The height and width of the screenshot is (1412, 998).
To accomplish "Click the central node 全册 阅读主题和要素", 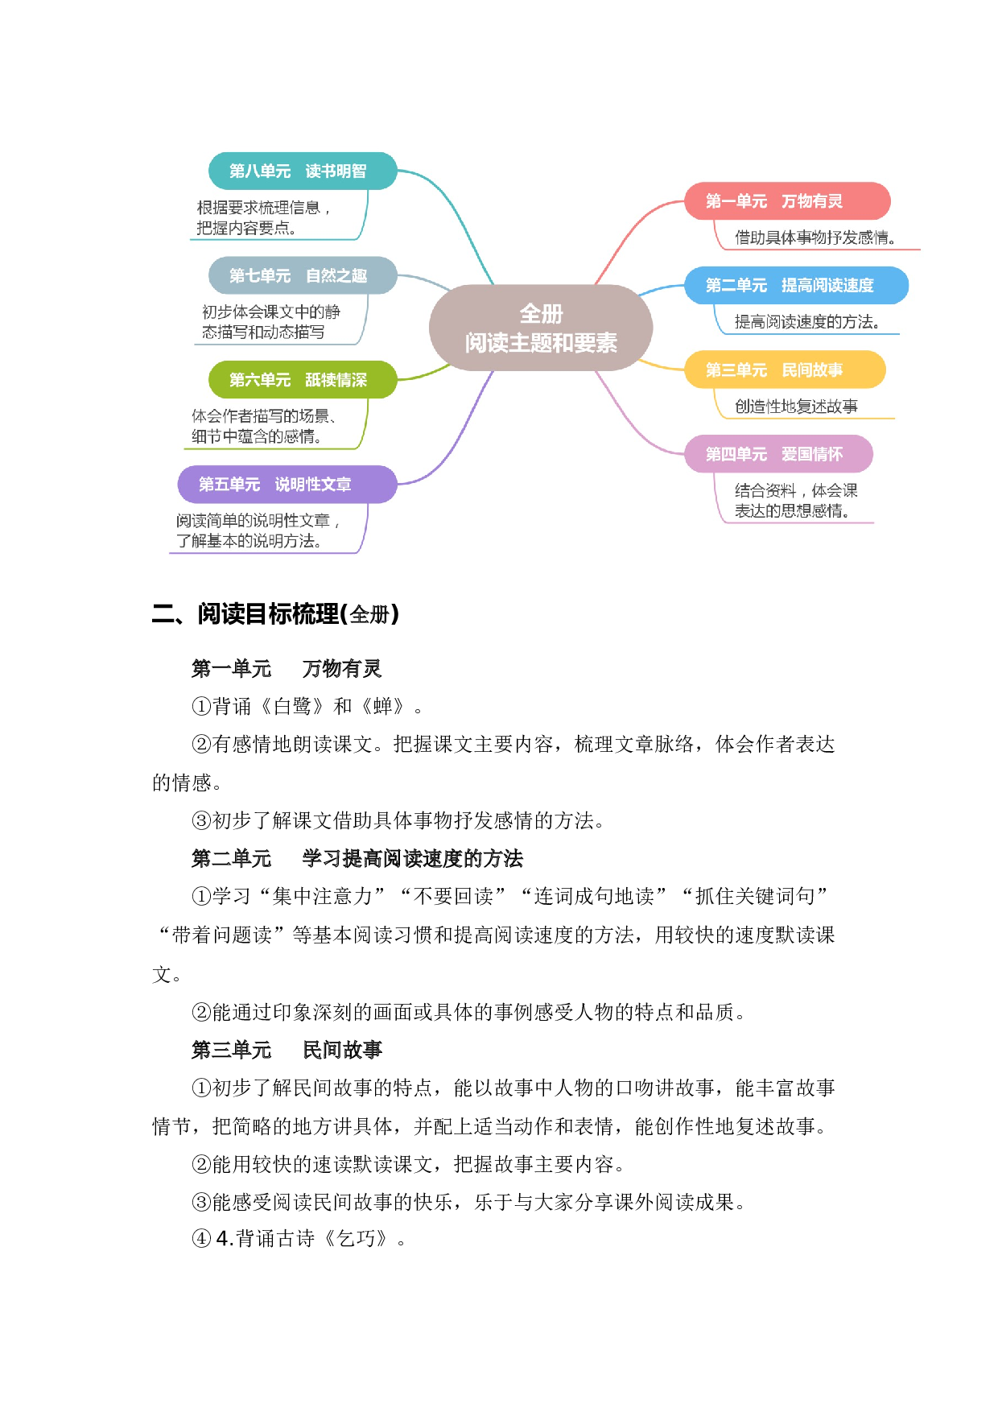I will [541, 328].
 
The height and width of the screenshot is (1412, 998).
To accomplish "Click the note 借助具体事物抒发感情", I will [814, 237].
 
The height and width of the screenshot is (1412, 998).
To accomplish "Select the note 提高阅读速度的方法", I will [806, 322].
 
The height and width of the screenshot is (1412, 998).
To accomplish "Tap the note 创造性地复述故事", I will [796, 407].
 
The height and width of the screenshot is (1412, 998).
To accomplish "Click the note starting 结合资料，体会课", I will [795, 501].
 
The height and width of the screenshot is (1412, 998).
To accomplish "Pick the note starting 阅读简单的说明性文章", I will [258, 531].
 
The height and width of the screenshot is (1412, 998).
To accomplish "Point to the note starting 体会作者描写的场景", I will [263, 426].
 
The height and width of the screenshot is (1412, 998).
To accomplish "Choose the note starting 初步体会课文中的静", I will [270, 322].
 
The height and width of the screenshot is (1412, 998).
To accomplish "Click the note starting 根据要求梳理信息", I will [263, 217].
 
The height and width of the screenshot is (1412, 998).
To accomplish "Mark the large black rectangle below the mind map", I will [544, 909].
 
